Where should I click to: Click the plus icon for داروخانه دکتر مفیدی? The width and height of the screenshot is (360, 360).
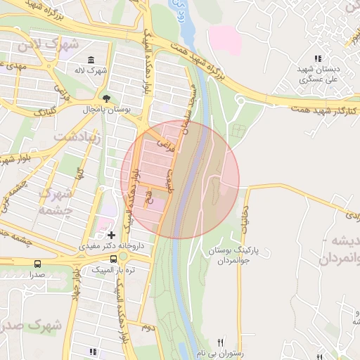click(x=111, y=234)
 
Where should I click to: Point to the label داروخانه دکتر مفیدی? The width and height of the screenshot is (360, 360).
click(x=112, y=246)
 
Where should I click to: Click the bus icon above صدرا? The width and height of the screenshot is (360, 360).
click(x=37, y=264)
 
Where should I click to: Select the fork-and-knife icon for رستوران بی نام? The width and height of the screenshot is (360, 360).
click(x=221, y=342)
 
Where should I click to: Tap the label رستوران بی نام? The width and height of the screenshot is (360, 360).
click(x=220, y=354)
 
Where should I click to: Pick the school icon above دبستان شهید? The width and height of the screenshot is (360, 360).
click(x=319, y=59)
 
